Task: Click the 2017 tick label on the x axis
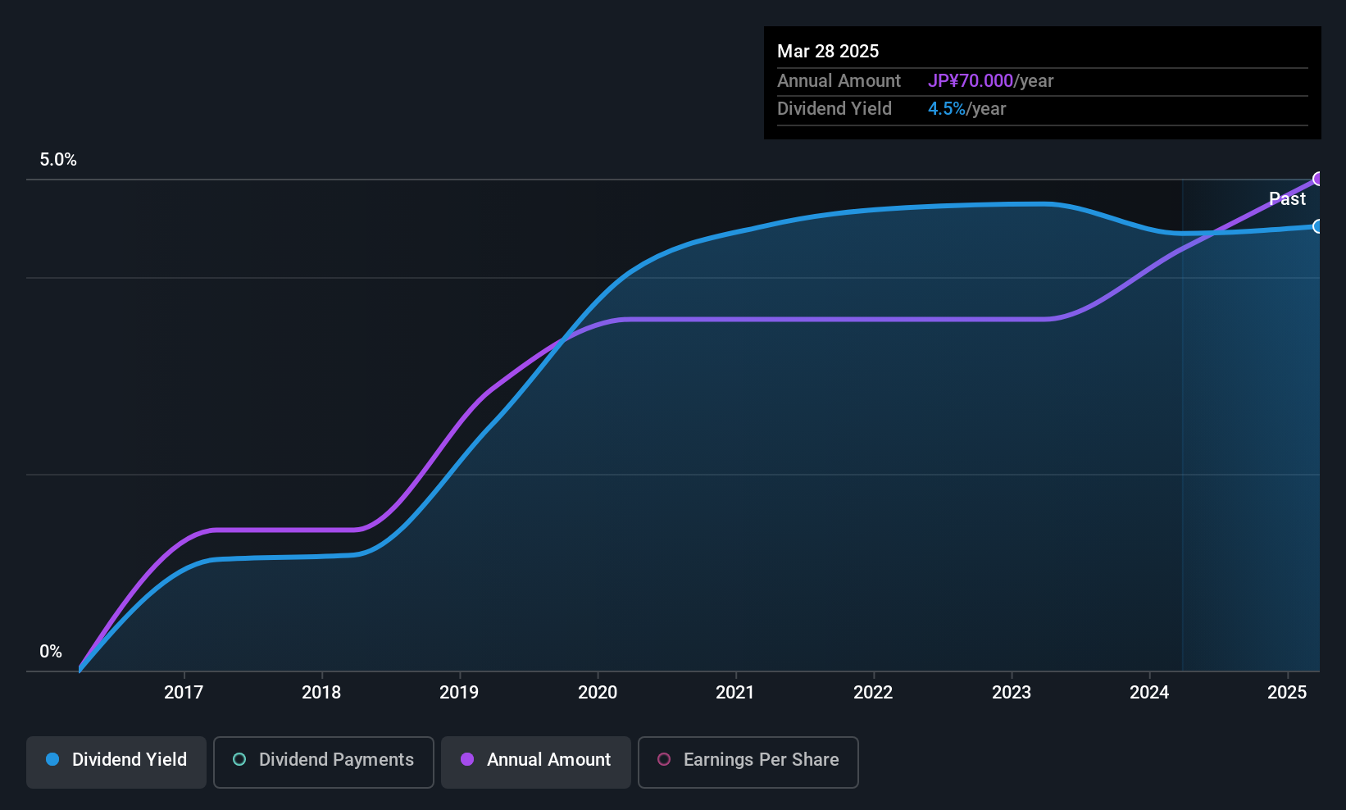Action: [184, 693]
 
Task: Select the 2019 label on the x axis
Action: [459, 693]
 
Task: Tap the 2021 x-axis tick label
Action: [734, 693]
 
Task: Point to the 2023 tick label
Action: [1011, 693]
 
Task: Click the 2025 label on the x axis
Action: [1287, 693]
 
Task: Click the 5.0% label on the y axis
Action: [58, 160]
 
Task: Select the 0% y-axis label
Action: [51, 652]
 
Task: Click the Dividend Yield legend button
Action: [116, 760]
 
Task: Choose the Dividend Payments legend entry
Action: [323, 760]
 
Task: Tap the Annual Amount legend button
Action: [536, 760]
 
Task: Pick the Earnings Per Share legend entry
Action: [748, 760]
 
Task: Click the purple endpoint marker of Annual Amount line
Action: [1318, 179]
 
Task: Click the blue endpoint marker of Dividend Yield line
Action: [1318, 226]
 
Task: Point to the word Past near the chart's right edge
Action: [1287, 199]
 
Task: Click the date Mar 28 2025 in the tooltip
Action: [828, 52]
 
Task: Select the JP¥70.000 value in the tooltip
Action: [971, 81]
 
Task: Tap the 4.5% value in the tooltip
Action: [946, 109]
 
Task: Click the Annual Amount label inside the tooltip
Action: [839, 81]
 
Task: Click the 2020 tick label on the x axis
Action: [598, 693]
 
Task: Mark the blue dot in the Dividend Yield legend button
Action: [52, 760]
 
